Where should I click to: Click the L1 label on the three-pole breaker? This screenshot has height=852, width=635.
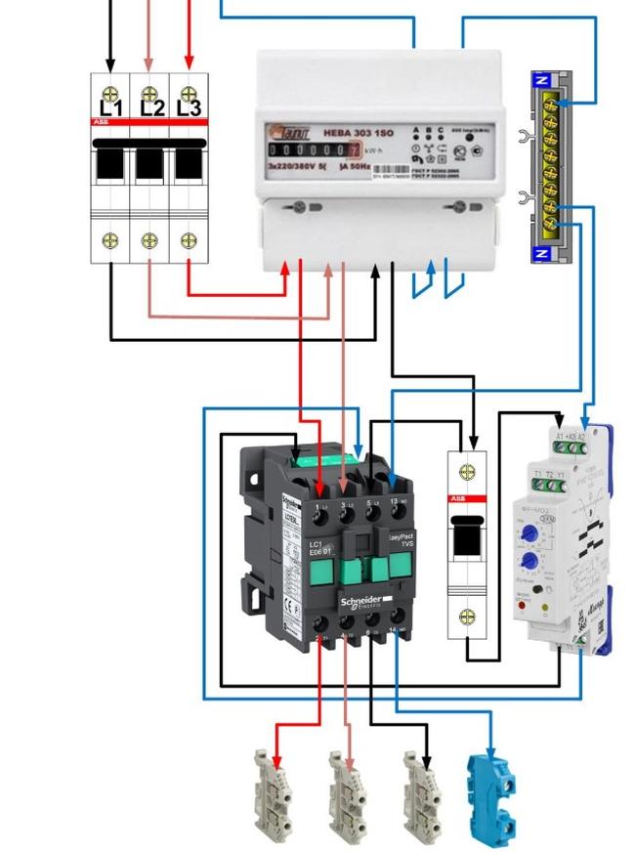[110, 107]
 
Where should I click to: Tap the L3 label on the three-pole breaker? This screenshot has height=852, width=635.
[189, 107]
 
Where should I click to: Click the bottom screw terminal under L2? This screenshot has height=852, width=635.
[149, 240]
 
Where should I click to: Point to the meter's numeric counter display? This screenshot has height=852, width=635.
[314, 149]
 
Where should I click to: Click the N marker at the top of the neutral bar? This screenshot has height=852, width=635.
[543, 81]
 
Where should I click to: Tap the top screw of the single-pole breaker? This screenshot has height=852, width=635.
[467, 473]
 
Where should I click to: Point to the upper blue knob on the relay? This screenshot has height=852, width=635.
[528, 532]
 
